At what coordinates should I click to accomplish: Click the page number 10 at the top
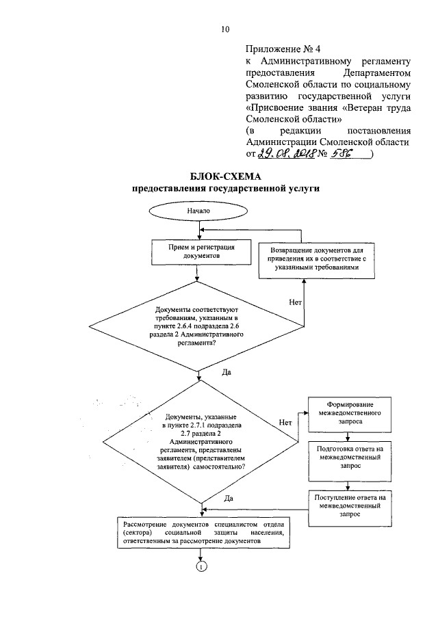coord(225,29)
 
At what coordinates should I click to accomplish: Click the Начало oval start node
coord(198,211)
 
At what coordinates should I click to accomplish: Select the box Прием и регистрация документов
coord(201,252)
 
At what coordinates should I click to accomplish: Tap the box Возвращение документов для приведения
coord(317,261)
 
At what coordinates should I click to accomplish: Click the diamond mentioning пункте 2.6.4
coord(196,326)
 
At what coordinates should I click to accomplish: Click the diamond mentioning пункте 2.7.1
coord(201,442)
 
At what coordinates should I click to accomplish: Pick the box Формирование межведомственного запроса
coord(350,414)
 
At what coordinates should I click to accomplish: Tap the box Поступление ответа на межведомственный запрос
coord(350,508)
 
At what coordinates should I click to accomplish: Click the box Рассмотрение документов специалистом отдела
coord(203,533)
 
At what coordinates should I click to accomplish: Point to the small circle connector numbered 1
coord(201,566)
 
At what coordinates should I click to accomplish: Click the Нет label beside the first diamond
coord(296,302)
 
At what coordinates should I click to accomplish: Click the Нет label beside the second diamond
coord(285,423)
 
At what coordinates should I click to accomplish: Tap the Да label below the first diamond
coord(227,372)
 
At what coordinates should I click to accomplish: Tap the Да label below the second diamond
coord(229,498)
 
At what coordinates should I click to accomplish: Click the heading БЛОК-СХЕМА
coord(226,176)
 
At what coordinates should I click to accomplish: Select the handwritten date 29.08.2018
coord(286,154)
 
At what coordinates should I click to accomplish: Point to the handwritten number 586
coord(342,154)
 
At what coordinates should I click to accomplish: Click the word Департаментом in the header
coord(377,73)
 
